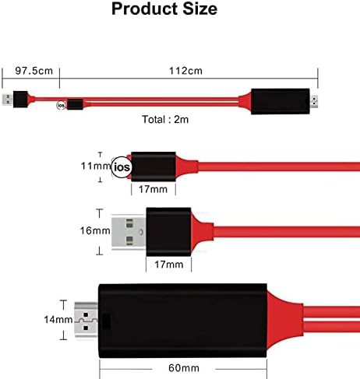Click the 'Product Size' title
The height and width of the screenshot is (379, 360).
tap(164, 9)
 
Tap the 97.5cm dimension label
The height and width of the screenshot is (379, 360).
tap(34, 71)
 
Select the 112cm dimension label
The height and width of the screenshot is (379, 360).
tap(185, 71)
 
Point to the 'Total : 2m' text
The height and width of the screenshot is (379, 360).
tap(165, 120)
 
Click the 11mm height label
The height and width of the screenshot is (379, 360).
tap(96, 166)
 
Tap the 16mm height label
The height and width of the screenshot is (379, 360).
tap(95, 230)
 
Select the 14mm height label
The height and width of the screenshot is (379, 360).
tap(58, 320)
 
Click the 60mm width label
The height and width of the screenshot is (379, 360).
tap(184, 368)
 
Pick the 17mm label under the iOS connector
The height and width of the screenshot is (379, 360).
tap(153, 189)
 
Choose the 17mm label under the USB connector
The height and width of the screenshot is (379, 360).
tap(169, 265)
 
